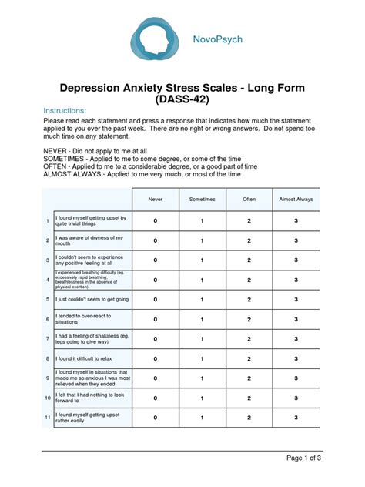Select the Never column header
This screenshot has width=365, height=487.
point(155,200)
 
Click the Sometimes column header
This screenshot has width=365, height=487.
point(203,200)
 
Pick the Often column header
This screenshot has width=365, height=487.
point(249,200)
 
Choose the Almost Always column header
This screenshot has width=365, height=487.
point(296,200)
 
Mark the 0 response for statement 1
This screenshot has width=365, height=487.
point(155,221)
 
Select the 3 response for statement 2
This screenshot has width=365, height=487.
point(296,240)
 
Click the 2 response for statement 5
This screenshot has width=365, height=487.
point(249,299)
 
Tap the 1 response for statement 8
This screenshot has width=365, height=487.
point(203,358)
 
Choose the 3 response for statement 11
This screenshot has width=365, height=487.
point(296,418)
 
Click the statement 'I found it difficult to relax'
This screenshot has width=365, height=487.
point(89,358)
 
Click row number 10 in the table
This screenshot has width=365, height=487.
point(47,398)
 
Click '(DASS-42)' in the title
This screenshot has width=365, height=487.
point(182,99)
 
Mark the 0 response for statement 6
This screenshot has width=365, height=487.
point(155,319)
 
